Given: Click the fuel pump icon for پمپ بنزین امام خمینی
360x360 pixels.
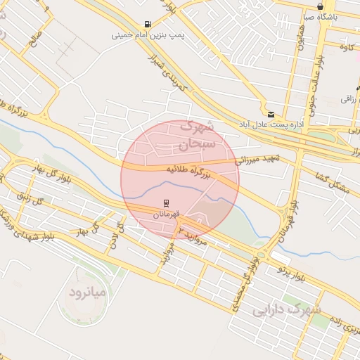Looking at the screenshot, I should pos(147,23).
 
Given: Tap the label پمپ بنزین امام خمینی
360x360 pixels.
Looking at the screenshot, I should pos(146,34).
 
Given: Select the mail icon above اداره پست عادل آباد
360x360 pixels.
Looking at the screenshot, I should pos(271,113).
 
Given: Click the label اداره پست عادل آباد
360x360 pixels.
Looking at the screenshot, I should pos(271,124).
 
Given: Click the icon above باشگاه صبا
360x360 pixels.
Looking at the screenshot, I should pos(321,6).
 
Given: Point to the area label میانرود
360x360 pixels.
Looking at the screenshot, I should pos(87,290).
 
